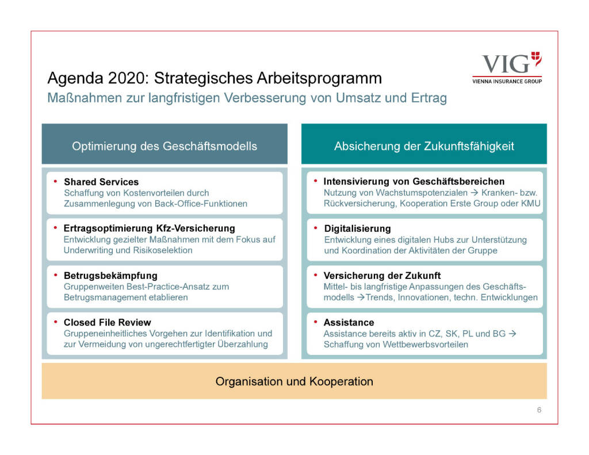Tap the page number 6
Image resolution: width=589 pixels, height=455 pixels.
click(539, 410)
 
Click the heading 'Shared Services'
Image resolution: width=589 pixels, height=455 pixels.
click(101, 182)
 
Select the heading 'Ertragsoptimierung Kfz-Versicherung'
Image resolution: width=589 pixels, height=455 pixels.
click(149, 228)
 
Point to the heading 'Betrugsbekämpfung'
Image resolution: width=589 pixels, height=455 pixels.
click(110, 276)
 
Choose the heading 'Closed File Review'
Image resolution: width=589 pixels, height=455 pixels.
click(107, 322)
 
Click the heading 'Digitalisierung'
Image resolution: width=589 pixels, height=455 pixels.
click(357, 228)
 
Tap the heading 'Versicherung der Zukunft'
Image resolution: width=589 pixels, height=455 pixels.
click(382, 276)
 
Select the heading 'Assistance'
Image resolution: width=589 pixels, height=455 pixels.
click(349, 322)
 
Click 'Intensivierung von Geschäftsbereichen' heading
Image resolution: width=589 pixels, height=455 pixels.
click(414, 182)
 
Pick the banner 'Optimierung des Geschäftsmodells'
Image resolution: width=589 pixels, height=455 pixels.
click(165, 146)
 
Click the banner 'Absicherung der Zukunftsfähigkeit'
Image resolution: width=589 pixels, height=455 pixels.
click(424, 146)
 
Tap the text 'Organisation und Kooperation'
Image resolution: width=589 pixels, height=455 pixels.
click(294, 381)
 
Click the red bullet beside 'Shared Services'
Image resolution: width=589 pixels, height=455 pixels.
click(55, 181)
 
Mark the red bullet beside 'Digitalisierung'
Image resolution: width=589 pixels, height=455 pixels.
click(316, 228)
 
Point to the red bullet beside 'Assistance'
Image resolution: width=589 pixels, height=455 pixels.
click(316, 322)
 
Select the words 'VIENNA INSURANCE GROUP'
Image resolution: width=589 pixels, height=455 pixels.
click(507, 81)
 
